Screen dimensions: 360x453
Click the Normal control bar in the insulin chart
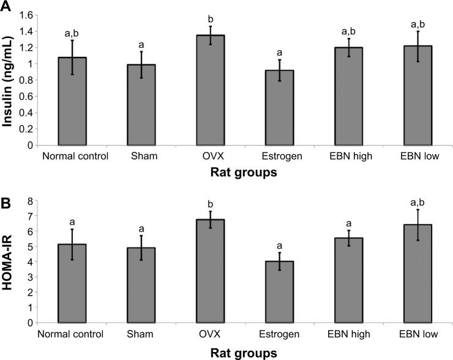pyautogui.click(x=75, y=101)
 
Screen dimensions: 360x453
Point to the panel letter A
pyautogui.click(x=7, y=7)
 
